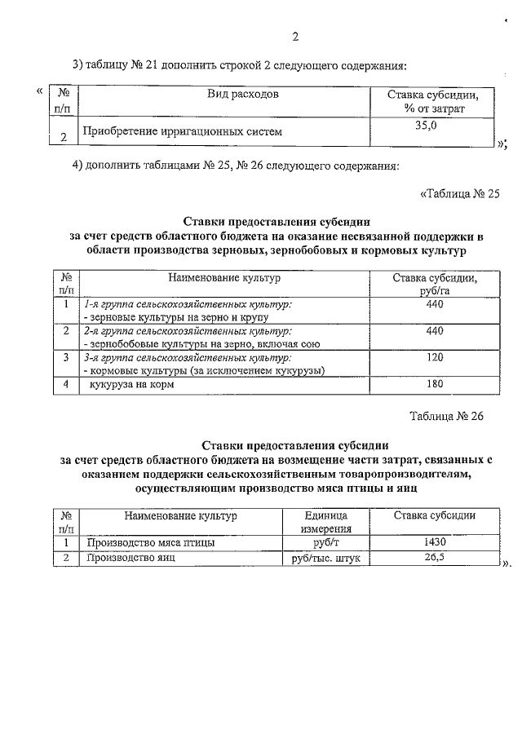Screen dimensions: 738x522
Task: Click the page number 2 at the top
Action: coord(295,37)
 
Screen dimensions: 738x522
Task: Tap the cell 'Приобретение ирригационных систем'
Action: coord(183,130)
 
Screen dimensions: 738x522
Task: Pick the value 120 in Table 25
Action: coord(434,357)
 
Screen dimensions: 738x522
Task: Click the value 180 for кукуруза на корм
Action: coord(434,384)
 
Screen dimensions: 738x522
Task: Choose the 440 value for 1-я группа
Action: coord(434,304)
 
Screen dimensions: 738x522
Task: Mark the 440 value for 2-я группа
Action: coord(434,330)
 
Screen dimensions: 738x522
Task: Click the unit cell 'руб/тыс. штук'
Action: coord(325,559)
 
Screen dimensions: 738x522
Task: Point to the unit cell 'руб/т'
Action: coord(325,542)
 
